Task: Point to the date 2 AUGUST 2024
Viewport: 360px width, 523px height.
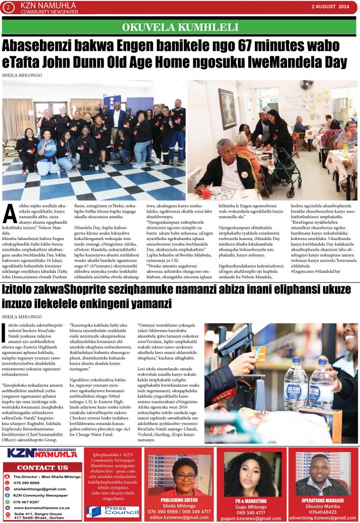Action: (x=330, y=7)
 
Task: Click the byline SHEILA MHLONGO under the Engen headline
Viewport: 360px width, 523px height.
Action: (x=22, y=75)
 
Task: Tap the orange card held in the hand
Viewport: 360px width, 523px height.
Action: (x=258, y=353)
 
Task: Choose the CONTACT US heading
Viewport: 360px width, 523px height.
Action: (x=42, y=467)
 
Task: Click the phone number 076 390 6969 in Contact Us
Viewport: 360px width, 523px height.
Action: (x=29, y=482)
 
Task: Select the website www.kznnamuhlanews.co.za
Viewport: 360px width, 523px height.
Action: (x=41, y=508)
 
